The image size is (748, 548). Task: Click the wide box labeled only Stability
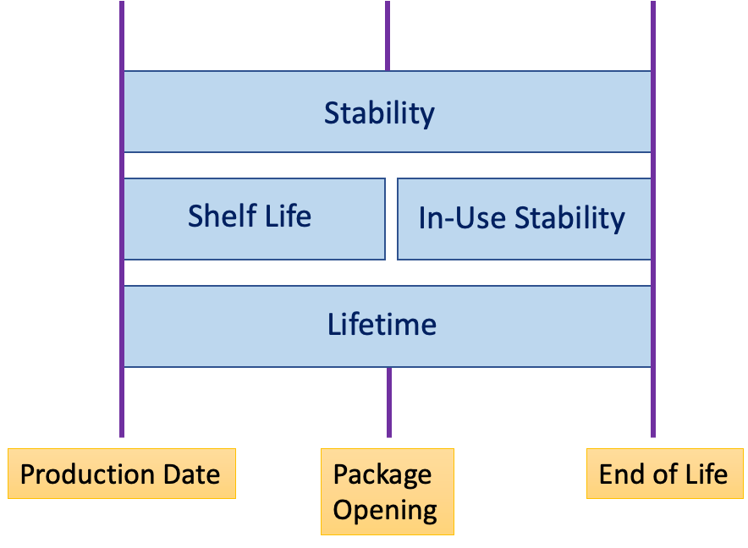388,112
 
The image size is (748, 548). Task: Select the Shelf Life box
254,219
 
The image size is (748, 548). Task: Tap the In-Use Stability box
525,219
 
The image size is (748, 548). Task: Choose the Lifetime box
388,326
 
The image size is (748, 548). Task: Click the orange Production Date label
122,473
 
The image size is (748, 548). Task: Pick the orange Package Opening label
388,491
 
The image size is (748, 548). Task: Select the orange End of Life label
664,473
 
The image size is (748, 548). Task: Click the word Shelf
223,216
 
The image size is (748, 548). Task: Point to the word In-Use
462,218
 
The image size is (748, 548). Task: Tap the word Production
87,474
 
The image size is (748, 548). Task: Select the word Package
382,475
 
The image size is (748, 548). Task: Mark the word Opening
385,511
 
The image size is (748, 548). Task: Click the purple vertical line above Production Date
122,219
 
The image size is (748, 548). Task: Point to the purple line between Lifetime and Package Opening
389,402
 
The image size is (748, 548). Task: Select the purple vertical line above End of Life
653,219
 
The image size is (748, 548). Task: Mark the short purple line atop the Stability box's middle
388,36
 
